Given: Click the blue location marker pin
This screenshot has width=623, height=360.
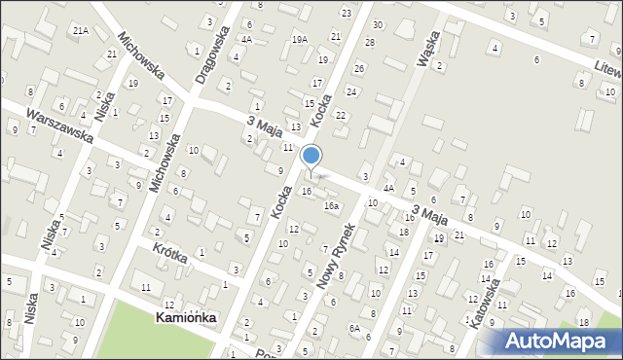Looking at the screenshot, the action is [311, 156].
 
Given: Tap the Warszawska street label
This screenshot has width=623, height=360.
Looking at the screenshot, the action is [60, 126].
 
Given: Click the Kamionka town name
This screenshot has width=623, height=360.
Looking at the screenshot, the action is [186, 318].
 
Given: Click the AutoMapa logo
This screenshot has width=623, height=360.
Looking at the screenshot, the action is [558, 341].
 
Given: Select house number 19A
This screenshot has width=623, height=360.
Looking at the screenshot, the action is [300, 39].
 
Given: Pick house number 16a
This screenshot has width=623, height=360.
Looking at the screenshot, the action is [332, 206].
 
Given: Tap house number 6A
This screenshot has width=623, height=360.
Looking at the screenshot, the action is [355, 329].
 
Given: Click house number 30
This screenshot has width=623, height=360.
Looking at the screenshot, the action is [378, 24].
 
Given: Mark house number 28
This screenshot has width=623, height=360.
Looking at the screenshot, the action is [369, 42].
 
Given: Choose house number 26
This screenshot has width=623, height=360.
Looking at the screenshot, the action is [359, 68].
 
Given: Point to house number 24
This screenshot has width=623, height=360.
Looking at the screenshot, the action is [350, 91].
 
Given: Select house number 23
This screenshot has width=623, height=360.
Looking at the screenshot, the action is [347, 13].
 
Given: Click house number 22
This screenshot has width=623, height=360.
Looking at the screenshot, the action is [340, 115].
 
